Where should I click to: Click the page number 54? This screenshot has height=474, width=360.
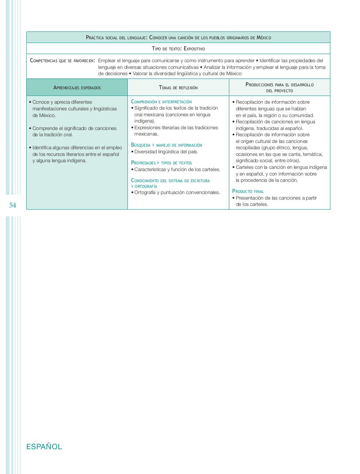point(13,205)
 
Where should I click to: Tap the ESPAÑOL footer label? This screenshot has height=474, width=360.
point(44,447)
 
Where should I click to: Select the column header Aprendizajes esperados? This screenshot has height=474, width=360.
point(77,88)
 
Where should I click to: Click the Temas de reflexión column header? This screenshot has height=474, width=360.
point(178,88)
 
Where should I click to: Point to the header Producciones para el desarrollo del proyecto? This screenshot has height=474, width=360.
point(280,87)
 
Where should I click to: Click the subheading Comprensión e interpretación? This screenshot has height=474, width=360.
point(161,101)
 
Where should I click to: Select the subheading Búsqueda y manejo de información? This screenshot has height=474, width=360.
point(167,145)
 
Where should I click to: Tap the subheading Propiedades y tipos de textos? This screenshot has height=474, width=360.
point(161,163)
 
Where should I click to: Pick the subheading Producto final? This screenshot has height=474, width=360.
point(248,191)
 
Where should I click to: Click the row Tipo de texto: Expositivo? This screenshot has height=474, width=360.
point(178,49)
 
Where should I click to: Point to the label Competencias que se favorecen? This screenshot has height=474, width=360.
point(62,60)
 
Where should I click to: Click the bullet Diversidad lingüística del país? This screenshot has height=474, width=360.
point(166,151)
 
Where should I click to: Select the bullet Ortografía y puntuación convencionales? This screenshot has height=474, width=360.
point(177,193)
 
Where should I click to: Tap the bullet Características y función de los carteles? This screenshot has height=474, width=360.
point(177,169)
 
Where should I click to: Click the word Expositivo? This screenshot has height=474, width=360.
point(194,49)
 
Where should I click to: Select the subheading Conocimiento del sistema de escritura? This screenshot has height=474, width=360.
point(170,181)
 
